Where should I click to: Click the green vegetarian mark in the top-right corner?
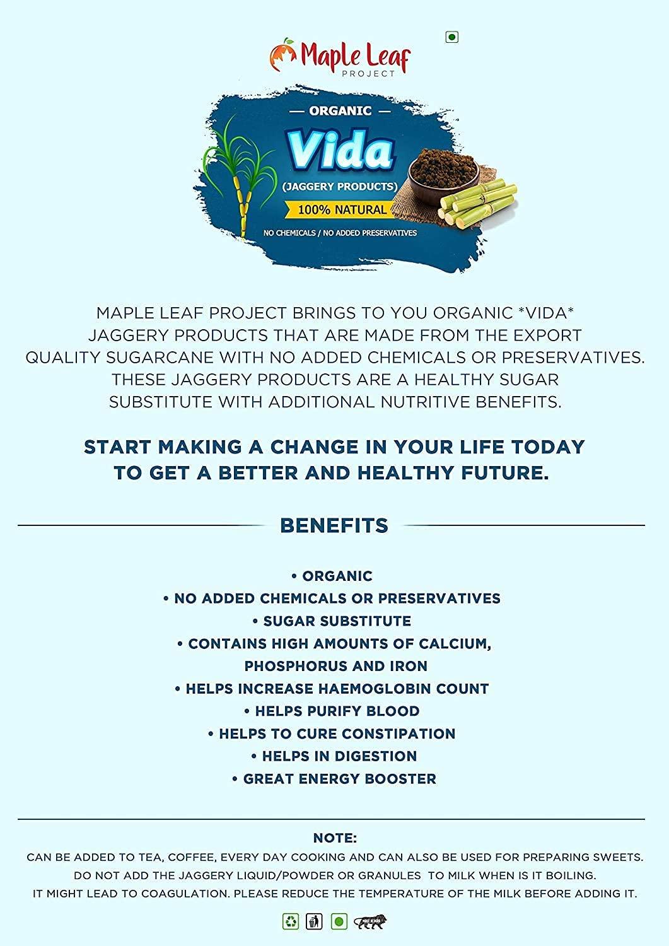pyautogui.click(x=451, y=37)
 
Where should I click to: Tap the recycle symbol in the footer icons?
pyautogui.click(x=291, y=921)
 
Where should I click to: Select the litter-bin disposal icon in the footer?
pyautogui.click(x=314, y=921)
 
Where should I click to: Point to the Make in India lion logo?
pyautogui.click(x=370, y=922)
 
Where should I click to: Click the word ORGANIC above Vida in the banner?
pyautogui.click(x=340, y=111)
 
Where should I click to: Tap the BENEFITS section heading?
pyautogui.click(x=334, y=525)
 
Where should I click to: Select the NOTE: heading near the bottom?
pyautogui.click(x=335, y=838)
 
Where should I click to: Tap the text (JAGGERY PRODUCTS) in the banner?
pyautogui.click(x=340, y=187)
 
